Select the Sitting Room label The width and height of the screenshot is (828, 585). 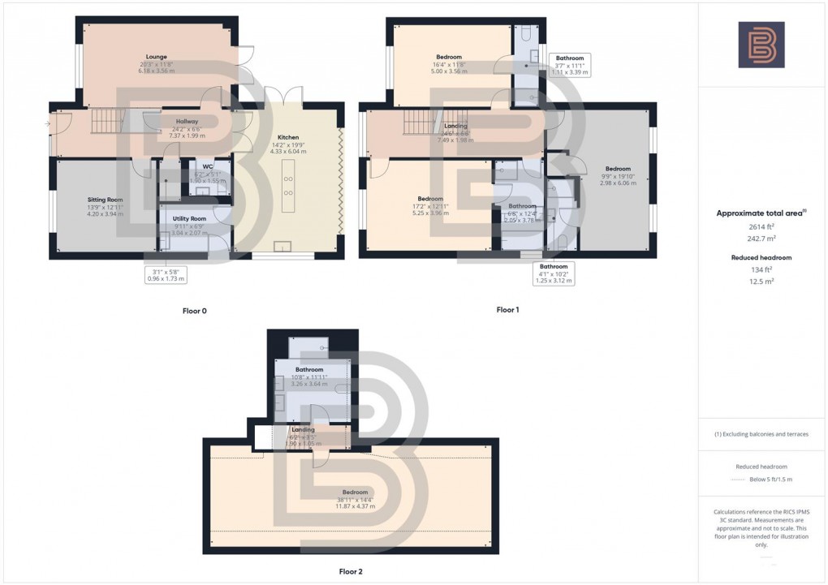coord(105,200)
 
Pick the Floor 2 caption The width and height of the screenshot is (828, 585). coord(351,571)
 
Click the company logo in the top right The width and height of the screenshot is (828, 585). coord(761,45)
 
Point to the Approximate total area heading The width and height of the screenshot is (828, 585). coord(760,213)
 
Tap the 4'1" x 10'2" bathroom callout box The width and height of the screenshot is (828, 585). coord(554,273)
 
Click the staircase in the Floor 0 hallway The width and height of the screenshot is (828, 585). coord(105,123)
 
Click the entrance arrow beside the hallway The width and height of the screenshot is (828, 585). coord(47,123)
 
